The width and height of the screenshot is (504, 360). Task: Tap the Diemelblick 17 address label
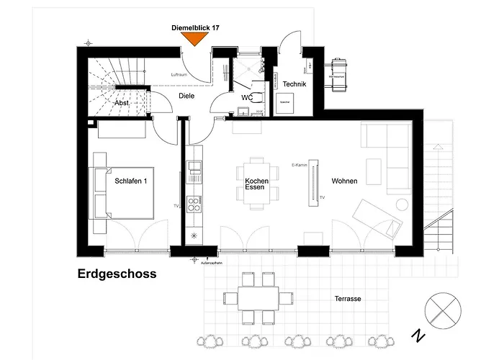[195, 27]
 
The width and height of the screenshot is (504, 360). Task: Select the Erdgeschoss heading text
[117, 274]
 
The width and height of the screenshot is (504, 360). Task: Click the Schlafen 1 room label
[130, 181]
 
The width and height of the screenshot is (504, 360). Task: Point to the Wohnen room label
[344, 181]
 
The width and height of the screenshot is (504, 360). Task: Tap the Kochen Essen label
[256, 184]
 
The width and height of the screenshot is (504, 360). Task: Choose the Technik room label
[294, 85]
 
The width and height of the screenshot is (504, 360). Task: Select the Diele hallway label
[186, 96]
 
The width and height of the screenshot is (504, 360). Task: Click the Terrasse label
[348, 298]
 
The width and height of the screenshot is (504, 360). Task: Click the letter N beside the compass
[416, 336]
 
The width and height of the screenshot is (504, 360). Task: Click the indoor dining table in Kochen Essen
[256, 183]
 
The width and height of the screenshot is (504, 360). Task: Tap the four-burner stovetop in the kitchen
[194, 204]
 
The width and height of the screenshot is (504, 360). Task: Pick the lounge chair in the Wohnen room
[377, 219]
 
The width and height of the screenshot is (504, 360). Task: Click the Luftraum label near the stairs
[179, 75]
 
